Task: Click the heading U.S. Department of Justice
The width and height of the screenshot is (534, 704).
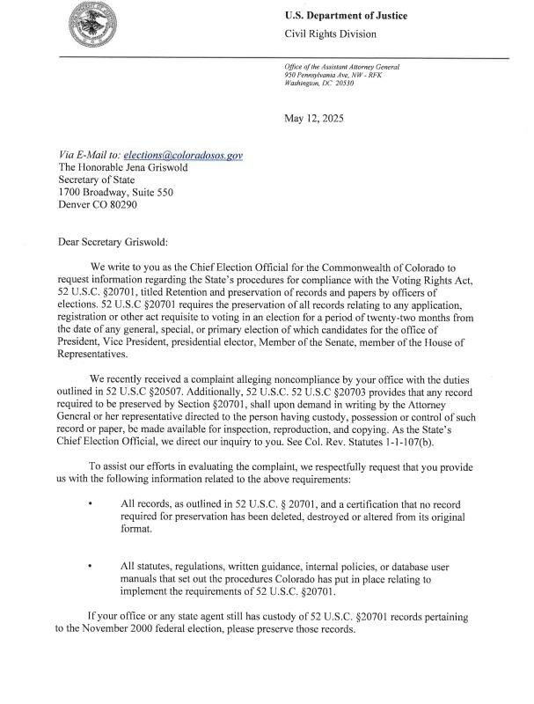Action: tap(345, 16)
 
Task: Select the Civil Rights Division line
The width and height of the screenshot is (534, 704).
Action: tap(330, 34)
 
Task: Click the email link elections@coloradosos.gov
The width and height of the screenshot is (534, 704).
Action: tap(183, 155)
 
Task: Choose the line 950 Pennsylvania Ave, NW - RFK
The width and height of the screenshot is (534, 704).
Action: tap(333, 76)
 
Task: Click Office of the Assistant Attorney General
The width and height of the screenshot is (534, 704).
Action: tap(340, 68)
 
